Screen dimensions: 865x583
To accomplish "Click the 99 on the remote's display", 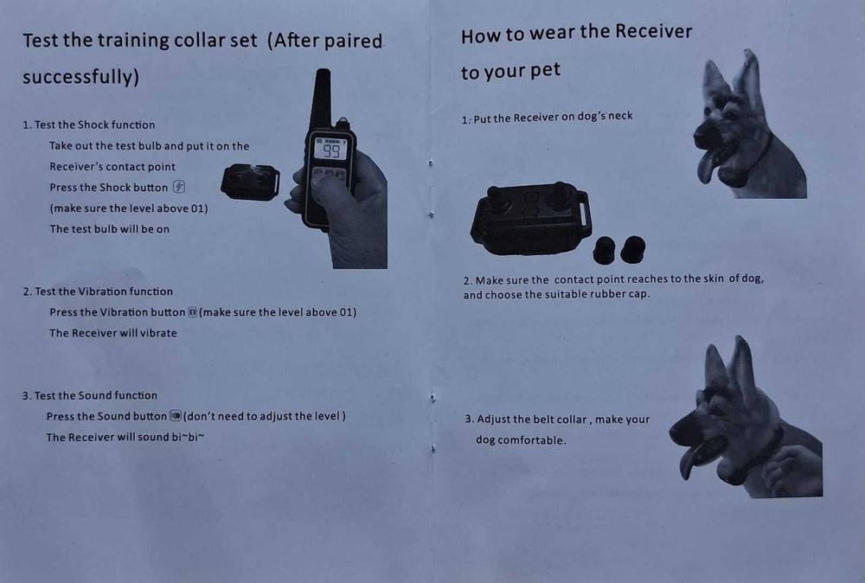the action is click(x=331, y=151).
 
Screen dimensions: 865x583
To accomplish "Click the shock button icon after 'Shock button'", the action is click(x=179, y=187).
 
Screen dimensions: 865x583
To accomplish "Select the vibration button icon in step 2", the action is click(x=192, y=312).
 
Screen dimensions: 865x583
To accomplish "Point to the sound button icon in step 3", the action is click(x=176, y=415).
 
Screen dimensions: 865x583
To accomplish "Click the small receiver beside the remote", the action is click(x=250, y=182).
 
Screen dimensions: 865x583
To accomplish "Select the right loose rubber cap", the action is click(x=633, y=249).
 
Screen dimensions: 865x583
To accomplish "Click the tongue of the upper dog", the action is click(x=708, y=165).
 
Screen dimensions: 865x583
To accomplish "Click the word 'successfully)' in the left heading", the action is click(x=80, y=76).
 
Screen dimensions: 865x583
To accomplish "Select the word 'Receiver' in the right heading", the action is click(x=653, y=31).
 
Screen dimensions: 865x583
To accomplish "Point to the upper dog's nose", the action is click(x=700, y=134).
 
